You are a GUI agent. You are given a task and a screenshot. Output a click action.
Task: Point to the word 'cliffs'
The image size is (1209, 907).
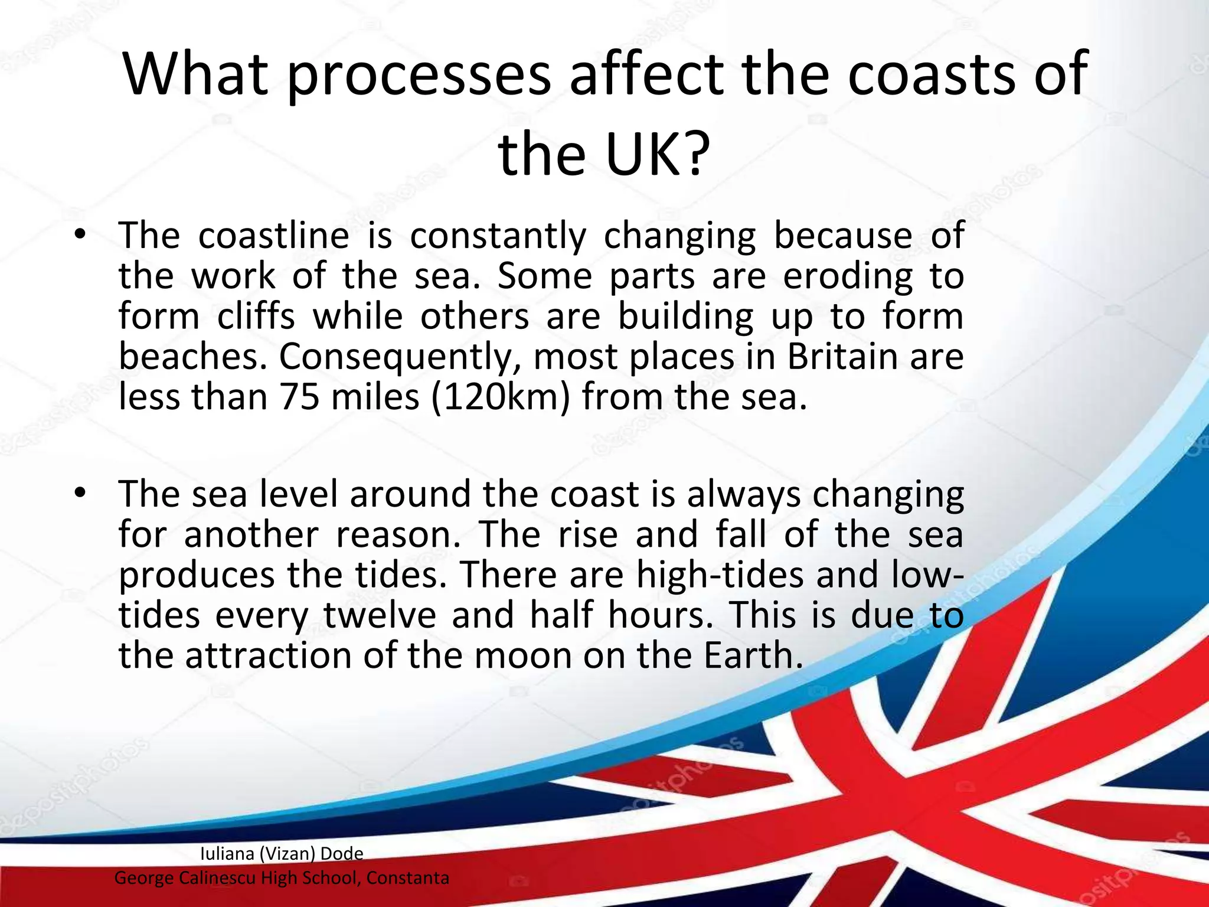point(256,317)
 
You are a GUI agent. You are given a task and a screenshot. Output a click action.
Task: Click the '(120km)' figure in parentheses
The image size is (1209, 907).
point(501,398)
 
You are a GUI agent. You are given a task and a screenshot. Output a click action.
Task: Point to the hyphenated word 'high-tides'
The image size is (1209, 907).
point(720,575)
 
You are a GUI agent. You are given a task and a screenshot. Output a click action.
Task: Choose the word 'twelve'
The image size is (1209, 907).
point(380,615)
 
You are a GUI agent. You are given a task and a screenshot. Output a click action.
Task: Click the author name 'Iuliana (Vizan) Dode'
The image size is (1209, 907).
point(282,853)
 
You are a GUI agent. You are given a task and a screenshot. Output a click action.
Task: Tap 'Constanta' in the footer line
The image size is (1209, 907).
point(407,878)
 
